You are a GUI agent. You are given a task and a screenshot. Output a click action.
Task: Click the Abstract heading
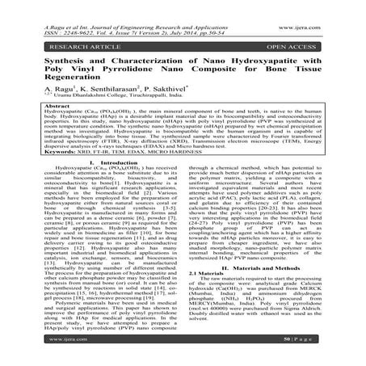(32, 109)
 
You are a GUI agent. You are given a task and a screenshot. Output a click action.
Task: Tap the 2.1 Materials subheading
(213, 273)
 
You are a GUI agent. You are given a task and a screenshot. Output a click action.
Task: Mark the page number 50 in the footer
(309, 354)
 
